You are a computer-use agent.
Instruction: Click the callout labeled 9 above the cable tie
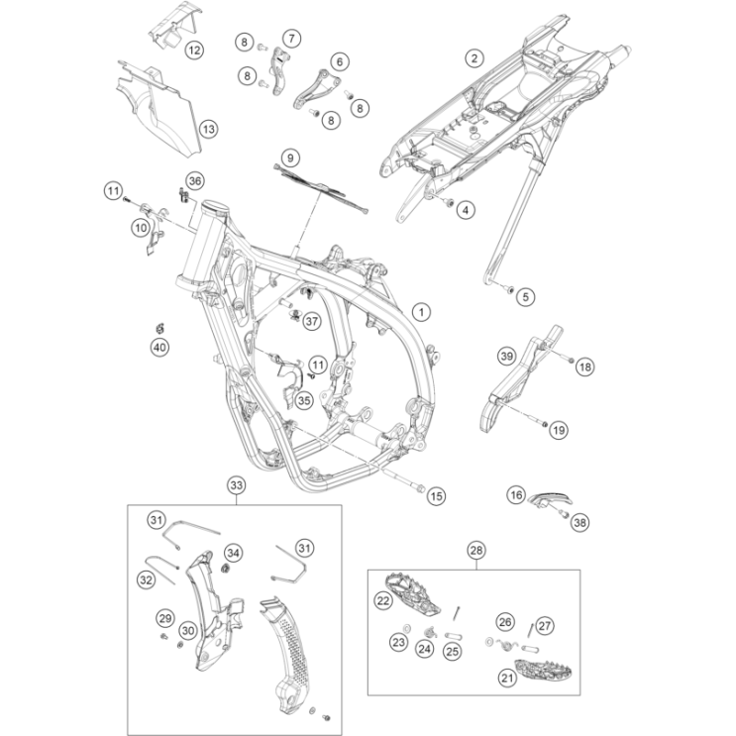click(289, 157)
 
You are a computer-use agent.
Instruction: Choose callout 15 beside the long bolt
click(437, 493)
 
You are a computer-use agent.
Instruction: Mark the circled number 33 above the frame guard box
click(236, 485)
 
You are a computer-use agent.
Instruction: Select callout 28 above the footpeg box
click(475, 550)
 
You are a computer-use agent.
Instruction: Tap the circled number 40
click(159, 347)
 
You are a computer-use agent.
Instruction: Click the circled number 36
click(195, 180)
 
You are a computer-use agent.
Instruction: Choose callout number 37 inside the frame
click(312, 320)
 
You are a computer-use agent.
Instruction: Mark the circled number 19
click(558, 430)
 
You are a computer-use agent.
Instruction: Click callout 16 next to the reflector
click(516, 493)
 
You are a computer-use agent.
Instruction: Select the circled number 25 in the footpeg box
click(453, 651)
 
